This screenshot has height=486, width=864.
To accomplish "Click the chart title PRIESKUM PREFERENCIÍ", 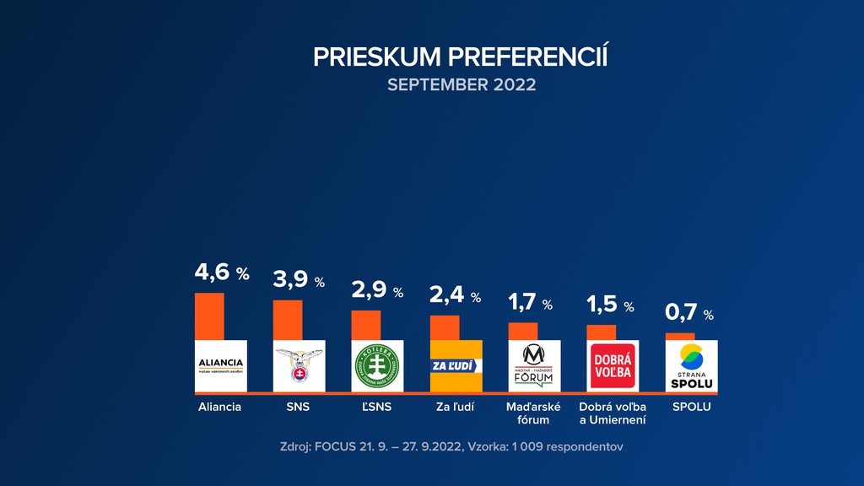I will tap(461, 57).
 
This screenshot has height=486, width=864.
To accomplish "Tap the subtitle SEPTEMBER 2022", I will tap(461, 85).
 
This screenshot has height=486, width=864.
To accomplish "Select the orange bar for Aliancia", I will tap(209, 316).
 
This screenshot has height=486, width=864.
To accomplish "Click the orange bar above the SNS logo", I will tap(287, 320).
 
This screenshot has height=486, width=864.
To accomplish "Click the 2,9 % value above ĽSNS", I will tap(377, 291).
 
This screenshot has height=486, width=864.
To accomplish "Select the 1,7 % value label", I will tap(530, 303).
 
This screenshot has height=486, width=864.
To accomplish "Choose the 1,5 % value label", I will tap(609, 305).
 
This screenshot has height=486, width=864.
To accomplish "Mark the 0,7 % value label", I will tap(689, 313).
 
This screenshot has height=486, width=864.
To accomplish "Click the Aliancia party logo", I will tap(220, 365).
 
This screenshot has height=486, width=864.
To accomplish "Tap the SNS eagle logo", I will tap(299, 365).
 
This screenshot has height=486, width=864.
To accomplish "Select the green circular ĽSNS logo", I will tap(377, 365).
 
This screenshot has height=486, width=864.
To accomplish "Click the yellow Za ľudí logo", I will tap(456, 365).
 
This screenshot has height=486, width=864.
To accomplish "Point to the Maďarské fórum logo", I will tap(534, 365).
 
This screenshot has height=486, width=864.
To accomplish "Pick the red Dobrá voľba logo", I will tap(613, 365).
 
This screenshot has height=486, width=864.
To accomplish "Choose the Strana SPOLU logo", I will tap(691, 365).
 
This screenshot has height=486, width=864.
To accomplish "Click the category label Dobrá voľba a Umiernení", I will tap(613, 413).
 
